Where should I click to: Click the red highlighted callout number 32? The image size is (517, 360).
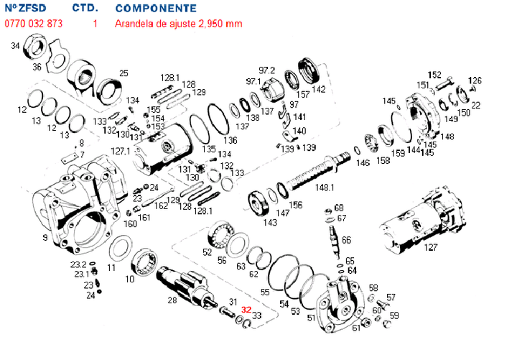click(x=246, y=310)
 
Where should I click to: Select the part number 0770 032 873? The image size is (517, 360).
click(x=34, y=23)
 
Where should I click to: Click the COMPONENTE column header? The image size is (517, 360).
click(x=156, y=9)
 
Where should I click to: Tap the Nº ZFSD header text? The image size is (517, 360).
click(x=26, y=9)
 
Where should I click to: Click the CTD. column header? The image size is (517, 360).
click(x=85, y=9)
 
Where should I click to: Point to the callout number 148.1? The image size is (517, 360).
click(x=325, y=188)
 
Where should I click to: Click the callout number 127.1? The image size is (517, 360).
click(x=119, y=151)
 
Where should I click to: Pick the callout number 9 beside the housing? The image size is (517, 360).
click(x=45, y=237)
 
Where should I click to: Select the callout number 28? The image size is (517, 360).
click(x=172, y=300)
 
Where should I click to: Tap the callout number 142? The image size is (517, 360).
click(x=319, y=90)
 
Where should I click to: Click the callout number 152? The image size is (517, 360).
click(x=434, y=75)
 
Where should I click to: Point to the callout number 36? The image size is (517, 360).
click(x=37, y=67)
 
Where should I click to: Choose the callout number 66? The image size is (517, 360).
click(x=346, y=240)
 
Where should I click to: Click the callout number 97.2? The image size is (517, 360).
click(x=267, y=70)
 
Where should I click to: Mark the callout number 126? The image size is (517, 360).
click(x=475, y=80)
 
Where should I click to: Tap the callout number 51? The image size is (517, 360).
click(x=311, y=316)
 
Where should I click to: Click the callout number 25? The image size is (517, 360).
click(x=124, y=73)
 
